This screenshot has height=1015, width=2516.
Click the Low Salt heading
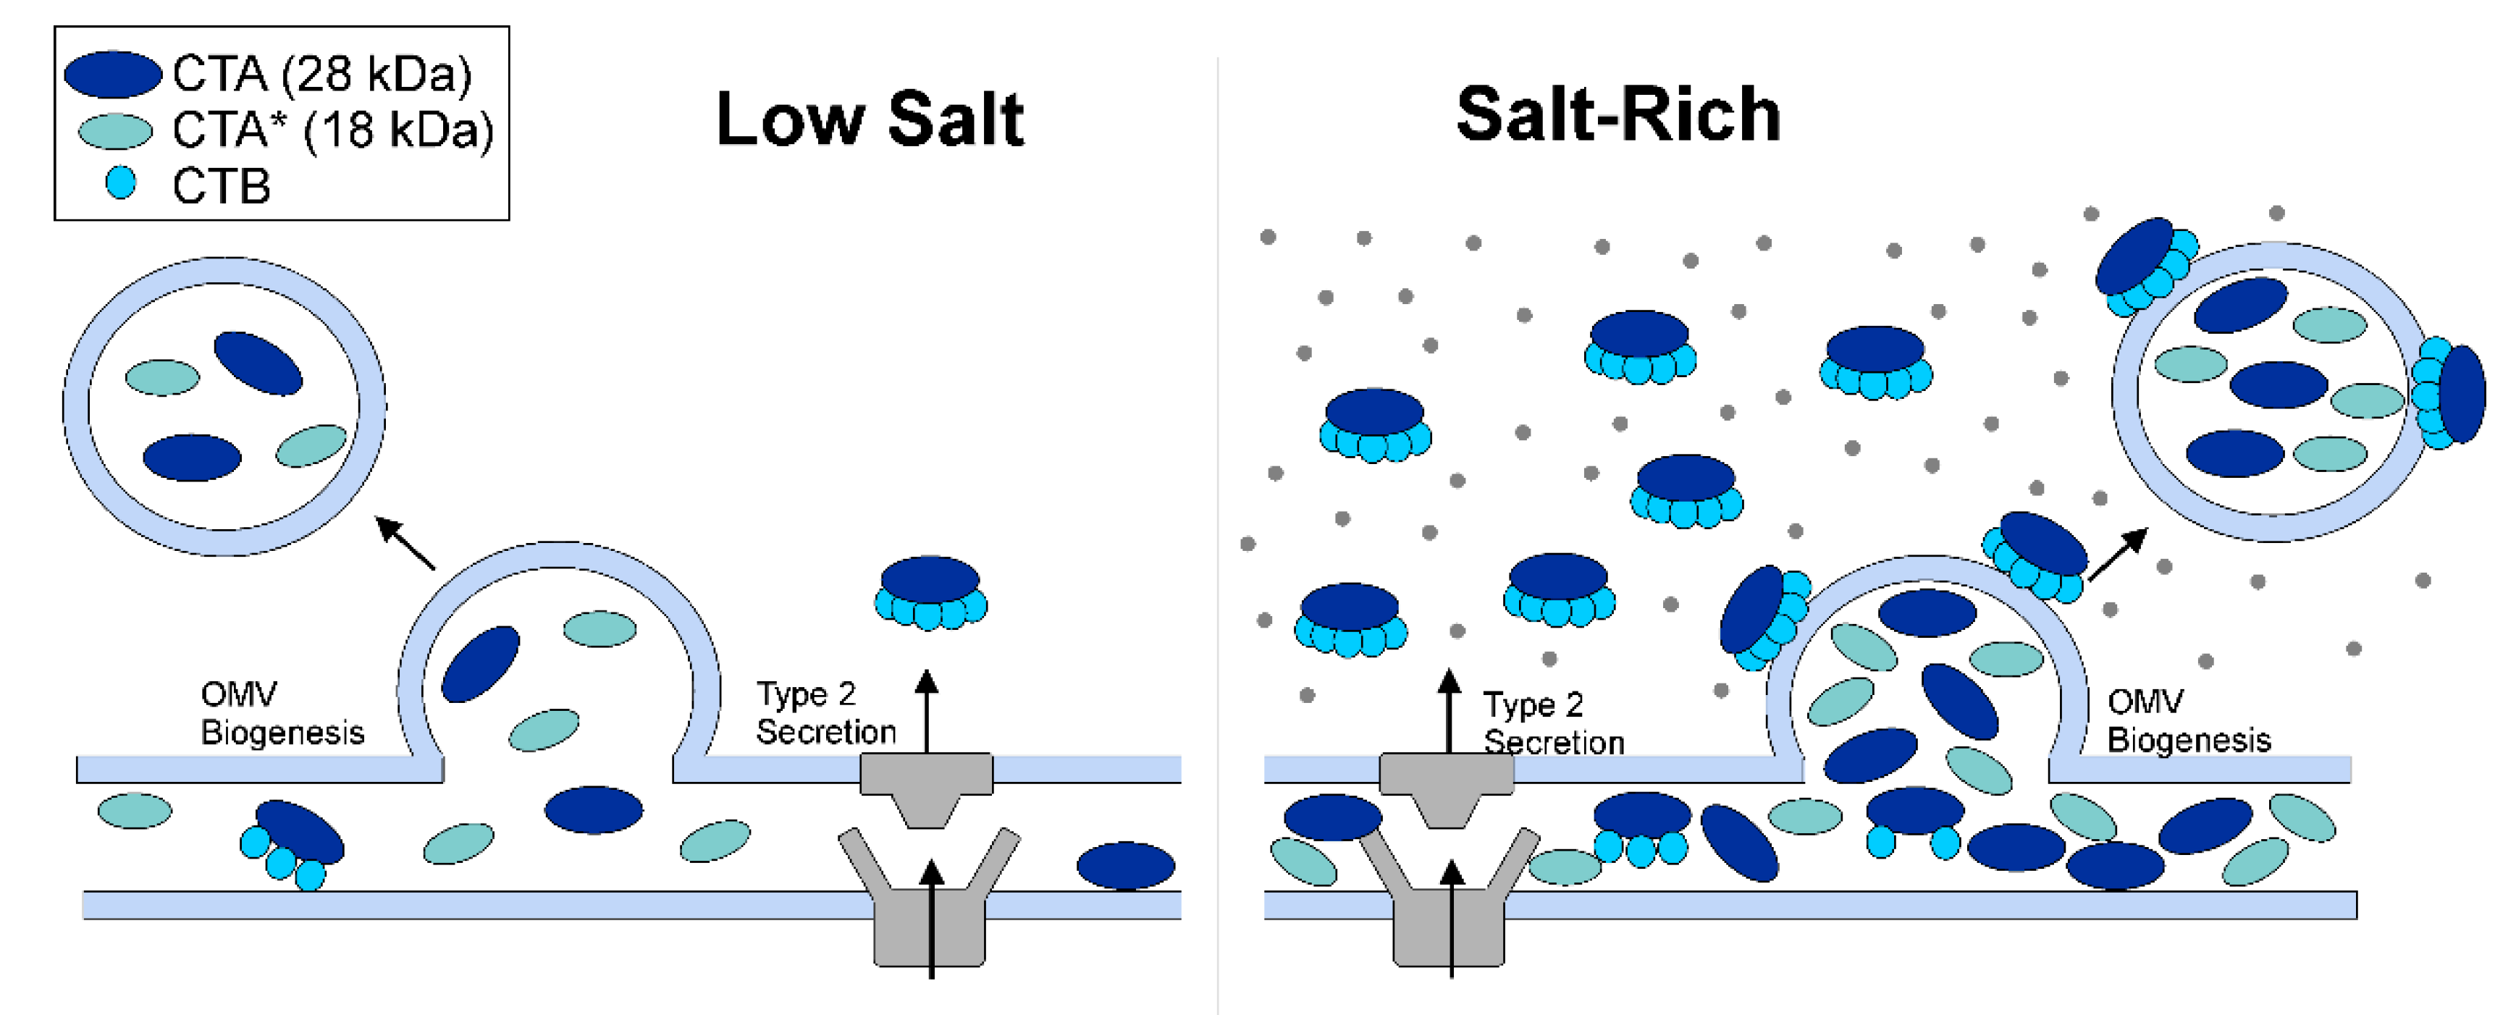pyautogui.click(x=870, y=119)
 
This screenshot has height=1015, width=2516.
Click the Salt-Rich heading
pyautogui.click(x=1617, y=115)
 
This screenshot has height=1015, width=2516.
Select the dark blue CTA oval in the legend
pyautogui.click(x=112, y=75)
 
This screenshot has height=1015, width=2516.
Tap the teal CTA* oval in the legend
pyautogui.click(x=115, y=131)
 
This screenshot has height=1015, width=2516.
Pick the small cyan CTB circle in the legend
pyautogui.click(x=120, y=182)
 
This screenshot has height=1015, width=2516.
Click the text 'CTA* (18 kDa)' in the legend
pyautogui.click(x=332, y=130)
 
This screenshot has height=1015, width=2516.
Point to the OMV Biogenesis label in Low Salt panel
pyautogui.click(x=282, y=713)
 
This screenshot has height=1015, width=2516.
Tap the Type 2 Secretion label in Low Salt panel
pyautogui.click(x=825, y=713)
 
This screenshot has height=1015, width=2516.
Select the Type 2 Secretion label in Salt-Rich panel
pyautogui.click(x=1553, y=723)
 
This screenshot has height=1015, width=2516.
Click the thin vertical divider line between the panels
pyautogui.click(x=1218, y=537)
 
